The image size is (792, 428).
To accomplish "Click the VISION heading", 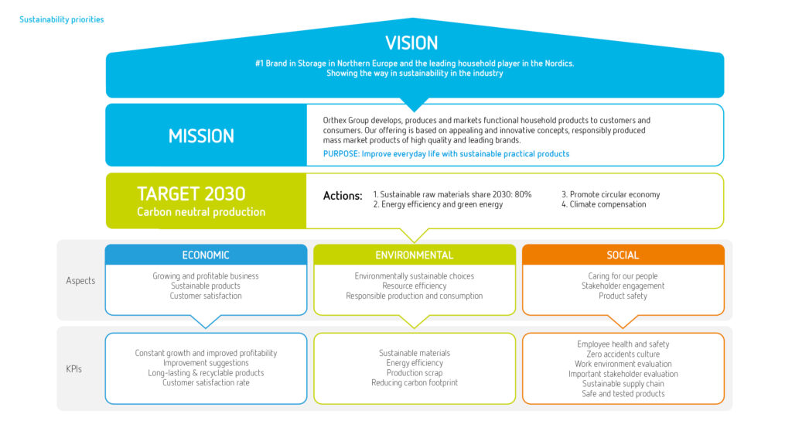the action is pyautogui.click(x=411, y=43).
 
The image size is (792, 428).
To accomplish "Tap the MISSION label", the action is pyautogui.click(x=201, y=136).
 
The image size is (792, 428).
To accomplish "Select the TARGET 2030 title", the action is pyautogui.click(x=191, y=194).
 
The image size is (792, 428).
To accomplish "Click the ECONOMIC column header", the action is pyautogui.click(x=206, y=255).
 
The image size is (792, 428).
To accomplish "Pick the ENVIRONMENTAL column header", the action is pyautogui.click(x=415, y=255).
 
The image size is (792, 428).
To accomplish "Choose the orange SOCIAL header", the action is pyautogui.click(x=623, y=255).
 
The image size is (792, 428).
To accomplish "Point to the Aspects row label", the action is pyautogui.click(x=80, y=280).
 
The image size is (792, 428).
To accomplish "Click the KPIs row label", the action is pyautogui.click(x=73, y=369).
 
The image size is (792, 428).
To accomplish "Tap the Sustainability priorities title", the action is pyautogui.click(x=62, y=19).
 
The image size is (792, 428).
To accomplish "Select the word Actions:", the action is pyautogui.click(x=343, y=196).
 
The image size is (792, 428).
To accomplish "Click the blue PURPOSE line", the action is pyautogui.click(x=446, y=153).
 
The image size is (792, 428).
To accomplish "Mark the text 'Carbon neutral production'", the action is pyautogui.click(x=201, y=212).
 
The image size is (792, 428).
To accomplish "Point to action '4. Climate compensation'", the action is pyautogui.click(x=603, y=204).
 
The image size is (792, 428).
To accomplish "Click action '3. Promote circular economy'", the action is pyautogui.click(x=611, y=194).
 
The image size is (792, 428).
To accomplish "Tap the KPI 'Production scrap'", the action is pyautogui.click(x=415, y=373).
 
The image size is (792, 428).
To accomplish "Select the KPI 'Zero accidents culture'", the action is pyautogui.click(x=623, y=354).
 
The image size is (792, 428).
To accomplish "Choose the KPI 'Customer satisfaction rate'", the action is pyautogui.click(x=206, y=382).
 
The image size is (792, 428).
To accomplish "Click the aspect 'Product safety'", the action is pyautogui.click(x=623, y=296).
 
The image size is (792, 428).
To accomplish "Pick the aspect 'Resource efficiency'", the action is pyautogui.click(x=415, y=286).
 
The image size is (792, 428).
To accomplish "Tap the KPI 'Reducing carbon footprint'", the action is pyautogui.click(x=415, y=382).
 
